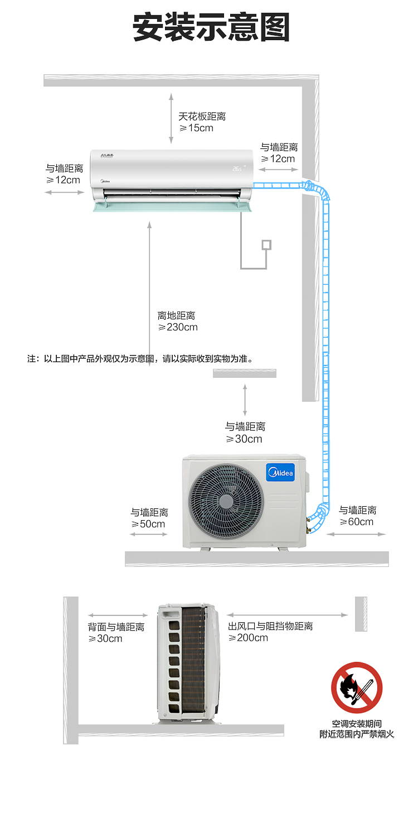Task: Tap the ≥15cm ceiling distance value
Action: pyautogui.click(x=196, y=128)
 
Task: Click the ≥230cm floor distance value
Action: pyautogui.click(x=178, y=327)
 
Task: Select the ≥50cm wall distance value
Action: pyautogui.click(x=148, y=524)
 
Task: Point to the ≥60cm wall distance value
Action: pyautogui.click(x=357, y=522)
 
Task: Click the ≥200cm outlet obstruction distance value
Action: pyautogui.click(x=248, y=638)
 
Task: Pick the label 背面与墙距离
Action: pyautogui.click(x=116, y=627)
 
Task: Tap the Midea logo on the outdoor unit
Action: pyautogui.click(x=281, y=474)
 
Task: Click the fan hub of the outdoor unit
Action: pyautogui.click(x=226, y=500)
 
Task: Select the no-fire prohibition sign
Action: pyautogui.click(x=357, y=688)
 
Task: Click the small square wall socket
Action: pyautogui.click(x=266, y=244)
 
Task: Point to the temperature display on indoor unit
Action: pyautogui.click(x=237, y=167)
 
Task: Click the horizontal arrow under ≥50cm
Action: pyautogui.click(x=148, y=535)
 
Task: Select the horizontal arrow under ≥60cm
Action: pyautogui.click(x=356, y=535)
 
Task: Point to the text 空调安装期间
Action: pyautogui.click(x=357, y=724)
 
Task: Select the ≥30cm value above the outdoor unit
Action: pyautogui.click(x=244, y=439)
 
